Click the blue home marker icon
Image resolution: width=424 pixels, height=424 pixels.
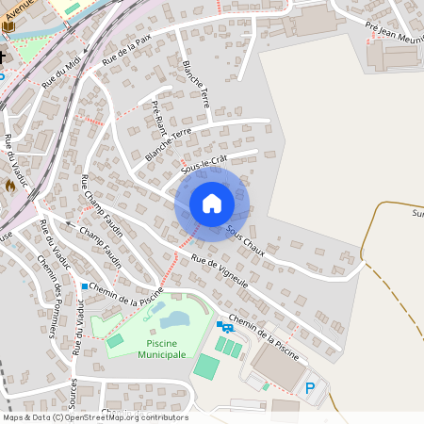(211, 203)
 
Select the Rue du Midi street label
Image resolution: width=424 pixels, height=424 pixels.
(61, 73)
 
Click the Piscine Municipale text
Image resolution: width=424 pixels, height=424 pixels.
(162, 348)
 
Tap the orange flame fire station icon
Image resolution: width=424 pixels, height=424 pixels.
(10, 186)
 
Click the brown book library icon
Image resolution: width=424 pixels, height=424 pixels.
(8, 26)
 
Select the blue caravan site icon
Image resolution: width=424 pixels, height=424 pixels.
(227, 327)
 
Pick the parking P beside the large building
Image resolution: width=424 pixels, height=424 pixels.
(310, 387)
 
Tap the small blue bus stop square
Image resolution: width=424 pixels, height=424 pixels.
(85, 286)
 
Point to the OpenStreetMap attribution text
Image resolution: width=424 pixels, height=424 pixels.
(94, 417)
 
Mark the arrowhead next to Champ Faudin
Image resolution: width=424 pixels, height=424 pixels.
(68, 224)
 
